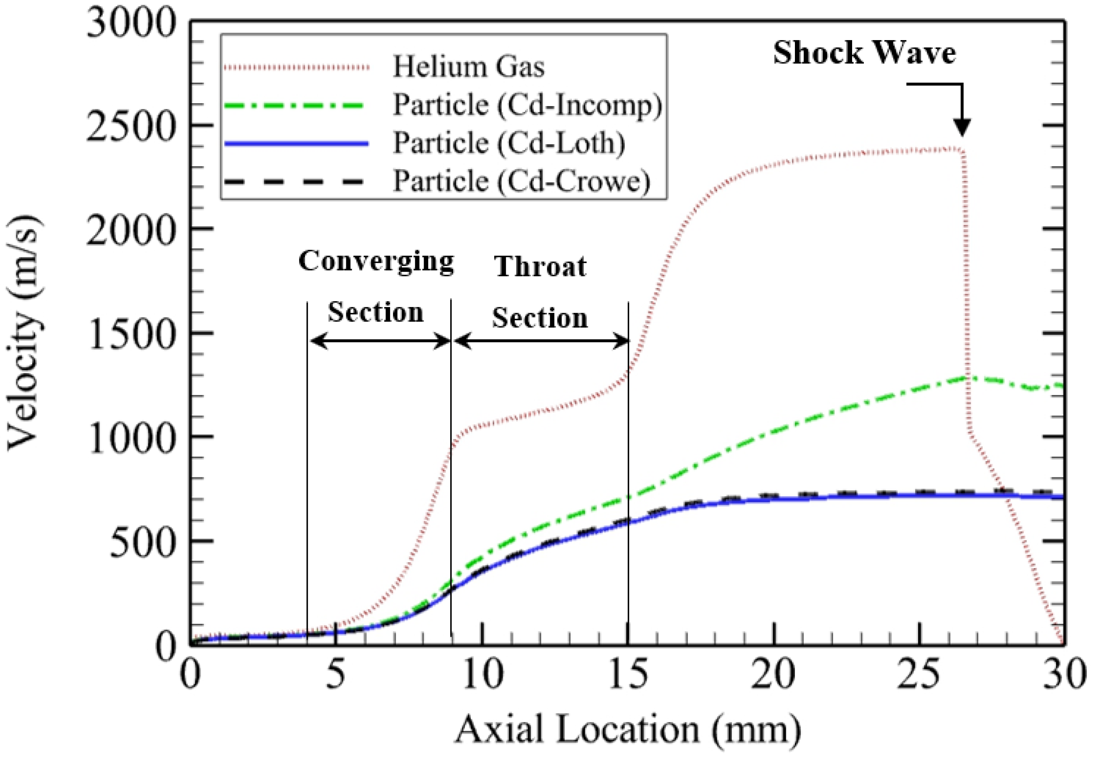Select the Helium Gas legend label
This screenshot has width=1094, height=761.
point(468,67)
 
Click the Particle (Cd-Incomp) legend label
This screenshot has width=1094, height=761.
point(528,105)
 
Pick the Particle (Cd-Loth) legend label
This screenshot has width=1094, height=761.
point(509,143)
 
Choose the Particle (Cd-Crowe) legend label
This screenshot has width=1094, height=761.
point(521,181)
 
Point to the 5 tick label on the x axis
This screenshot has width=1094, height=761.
point(336,676)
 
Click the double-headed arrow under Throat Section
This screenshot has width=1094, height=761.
point(541,341)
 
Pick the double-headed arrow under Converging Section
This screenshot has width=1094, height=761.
point(379,341)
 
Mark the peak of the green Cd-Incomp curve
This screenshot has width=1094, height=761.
point(970,378)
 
